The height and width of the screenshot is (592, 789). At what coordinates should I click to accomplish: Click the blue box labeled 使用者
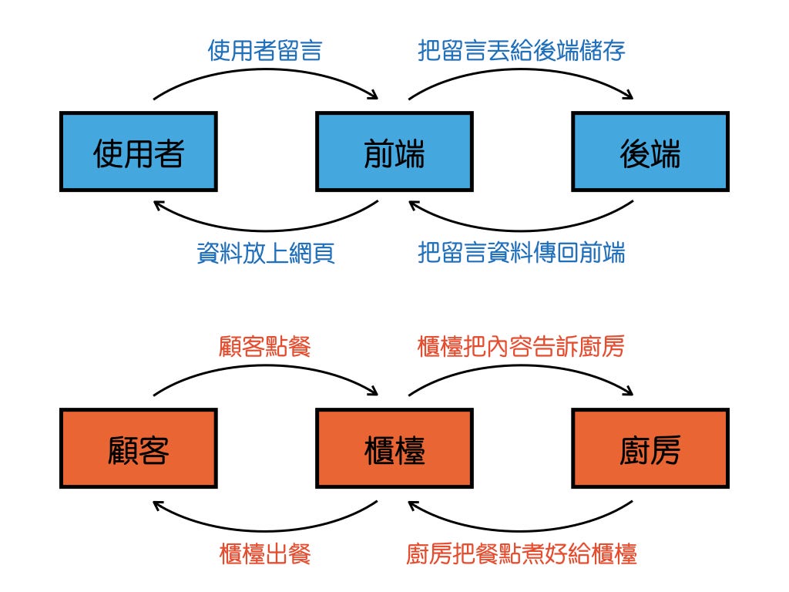pos(139,152)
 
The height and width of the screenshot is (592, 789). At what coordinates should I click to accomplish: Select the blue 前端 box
pos(394,152)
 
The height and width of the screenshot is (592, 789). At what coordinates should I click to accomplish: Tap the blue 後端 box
pos(650,152)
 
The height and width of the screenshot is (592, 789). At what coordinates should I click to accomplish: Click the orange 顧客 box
pos(139,449)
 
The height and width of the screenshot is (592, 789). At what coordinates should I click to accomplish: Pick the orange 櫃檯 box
pos(394,449)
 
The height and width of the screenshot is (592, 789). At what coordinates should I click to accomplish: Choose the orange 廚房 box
pos(650,449)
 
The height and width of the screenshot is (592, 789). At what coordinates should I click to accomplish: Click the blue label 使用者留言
pos(265,51)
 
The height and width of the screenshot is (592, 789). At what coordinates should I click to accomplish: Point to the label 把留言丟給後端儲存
pos(522,51)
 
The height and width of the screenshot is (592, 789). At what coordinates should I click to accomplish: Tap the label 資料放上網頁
pos(265,253)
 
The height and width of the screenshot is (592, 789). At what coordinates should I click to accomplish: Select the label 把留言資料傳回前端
pos(522,253)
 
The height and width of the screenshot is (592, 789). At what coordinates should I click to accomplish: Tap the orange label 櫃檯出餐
pos(265,553)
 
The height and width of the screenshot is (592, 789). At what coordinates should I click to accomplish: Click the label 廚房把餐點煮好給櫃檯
pos(522,553)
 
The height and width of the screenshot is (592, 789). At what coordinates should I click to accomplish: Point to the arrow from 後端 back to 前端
pos(522,229)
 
